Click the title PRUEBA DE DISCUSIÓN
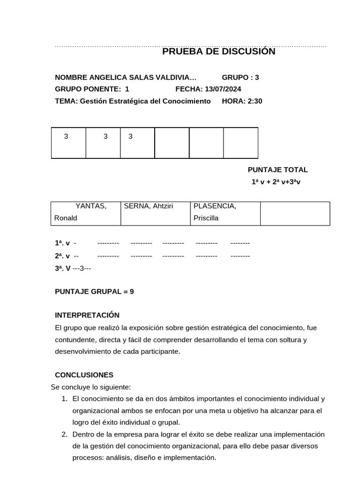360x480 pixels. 218,52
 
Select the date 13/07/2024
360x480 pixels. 223,89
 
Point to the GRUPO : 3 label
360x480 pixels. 240,77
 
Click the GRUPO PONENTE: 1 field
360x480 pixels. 92,89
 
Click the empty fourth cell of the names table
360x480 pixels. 295,213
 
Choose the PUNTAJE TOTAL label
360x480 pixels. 277,170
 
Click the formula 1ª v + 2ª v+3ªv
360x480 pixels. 276,181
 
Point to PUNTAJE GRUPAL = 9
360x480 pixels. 94,291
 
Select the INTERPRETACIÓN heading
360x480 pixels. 87,315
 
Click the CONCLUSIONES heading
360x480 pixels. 84,375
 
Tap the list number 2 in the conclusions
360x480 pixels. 64,435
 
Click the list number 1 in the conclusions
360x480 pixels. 64,399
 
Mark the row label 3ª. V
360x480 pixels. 63,269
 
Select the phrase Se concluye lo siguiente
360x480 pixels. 90,387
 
